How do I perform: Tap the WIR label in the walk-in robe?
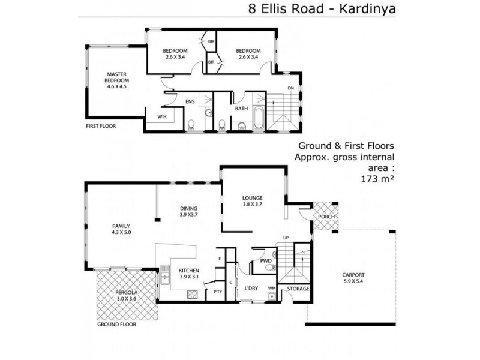click(x=161, y=116)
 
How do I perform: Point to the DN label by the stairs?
click(x=291, y=88)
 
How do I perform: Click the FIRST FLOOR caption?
click(x=101, y=127)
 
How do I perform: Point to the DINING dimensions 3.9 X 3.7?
click(x=188, y=215)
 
